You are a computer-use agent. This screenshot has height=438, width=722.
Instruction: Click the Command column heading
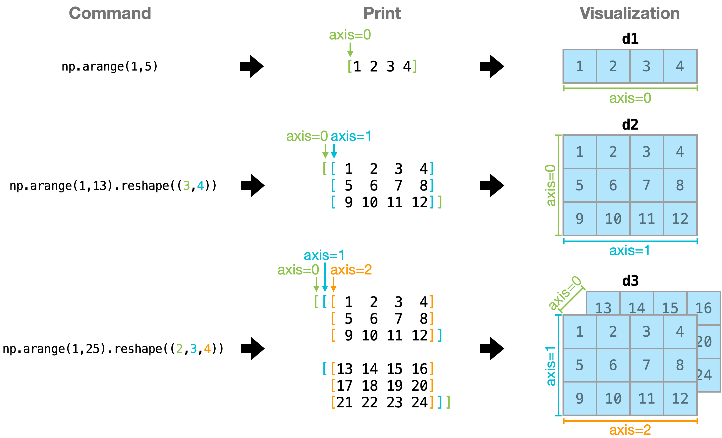point(110,13)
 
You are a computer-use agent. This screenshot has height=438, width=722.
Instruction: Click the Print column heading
point(382,13)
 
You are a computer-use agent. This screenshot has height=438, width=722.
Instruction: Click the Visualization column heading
point(630,13)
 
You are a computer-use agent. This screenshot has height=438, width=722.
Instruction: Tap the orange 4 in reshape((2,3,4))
point(207,349)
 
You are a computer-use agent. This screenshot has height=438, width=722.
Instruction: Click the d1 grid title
point(630,39)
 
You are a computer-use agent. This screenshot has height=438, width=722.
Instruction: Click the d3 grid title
point(630,281)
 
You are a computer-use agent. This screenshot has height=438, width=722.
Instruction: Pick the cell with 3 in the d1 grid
point(646,66)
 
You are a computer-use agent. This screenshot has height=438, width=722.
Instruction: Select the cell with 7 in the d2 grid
point(646,185)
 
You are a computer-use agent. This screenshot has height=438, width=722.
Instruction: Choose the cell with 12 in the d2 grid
point(680,219)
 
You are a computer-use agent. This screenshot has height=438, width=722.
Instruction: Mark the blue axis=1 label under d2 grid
point(629,251)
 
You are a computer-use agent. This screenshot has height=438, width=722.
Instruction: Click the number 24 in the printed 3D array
point(419,402)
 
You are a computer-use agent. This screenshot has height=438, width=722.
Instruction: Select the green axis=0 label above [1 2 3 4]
point(350,35)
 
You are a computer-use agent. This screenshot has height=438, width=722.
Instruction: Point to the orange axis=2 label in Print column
point(351,270)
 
